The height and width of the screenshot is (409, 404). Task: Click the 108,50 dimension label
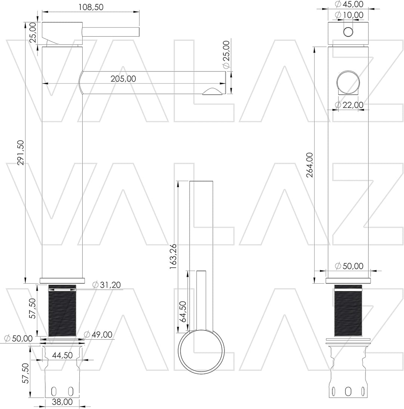(91, 7)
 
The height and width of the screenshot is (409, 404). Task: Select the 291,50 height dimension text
(21, 153)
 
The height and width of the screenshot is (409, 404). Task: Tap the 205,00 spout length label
(123, 79)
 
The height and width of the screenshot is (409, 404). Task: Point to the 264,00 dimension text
(310, 165)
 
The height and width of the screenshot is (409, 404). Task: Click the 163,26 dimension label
(173, 257)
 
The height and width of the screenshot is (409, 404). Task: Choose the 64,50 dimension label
(183, 311)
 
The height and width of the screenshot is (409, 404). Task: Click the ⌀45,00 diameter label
(349, 4)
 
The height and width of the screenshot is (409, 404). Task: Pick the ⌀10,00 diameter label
(349, 15)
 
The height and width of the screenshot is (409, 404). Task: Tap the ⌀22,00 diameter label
(349, 105)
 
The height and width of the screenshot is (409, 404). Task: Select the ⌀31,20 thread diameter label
(107, 284)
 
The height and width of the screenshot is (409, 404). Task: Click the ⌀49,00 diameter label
(98, 335)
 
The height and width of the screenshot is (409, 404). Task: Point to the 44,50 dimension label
(62, 355)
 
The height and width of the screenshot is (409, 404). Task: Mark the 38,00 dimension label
(62, 402)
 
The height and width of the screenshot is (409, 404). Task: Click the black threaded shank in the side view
(62, 311)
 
